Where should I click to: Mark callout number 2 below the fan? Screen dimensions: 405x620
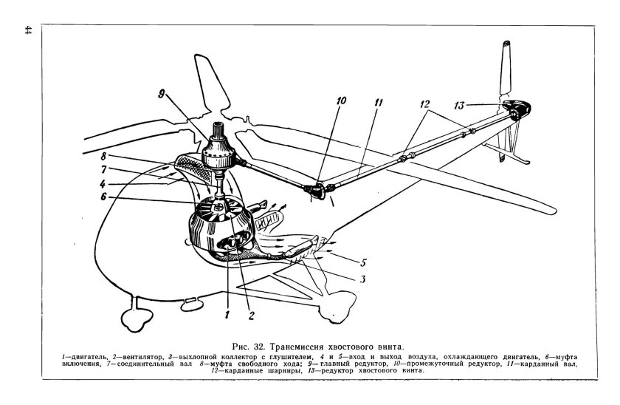pyautogui.click(x=251, y=316)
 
